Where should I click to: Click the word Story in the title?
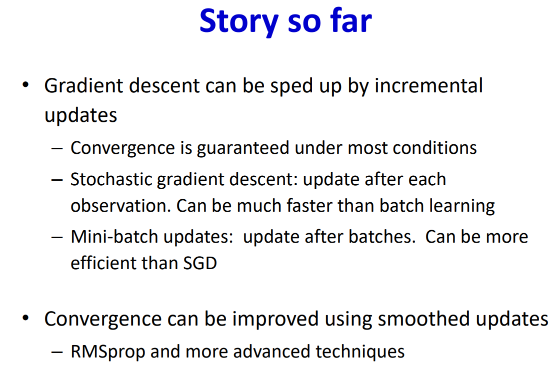pos(239,22)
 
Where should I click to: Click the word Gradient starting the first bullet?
pos(83,86)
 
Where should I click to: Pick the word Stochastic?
pos(110,179)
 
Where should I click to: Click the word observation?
pos(120,206)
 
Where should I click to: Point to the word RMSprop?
pos(108,352)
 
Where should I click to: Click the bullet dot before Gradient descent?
pos(25,85)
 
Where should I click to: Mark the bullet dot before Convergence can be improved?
pos(25,318)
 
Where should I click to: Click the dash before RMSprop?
pos(57,352)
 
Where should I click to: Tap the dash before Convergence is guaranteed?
pos(57,148)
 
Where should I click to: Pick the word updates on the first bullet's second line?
pos(80,115)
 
